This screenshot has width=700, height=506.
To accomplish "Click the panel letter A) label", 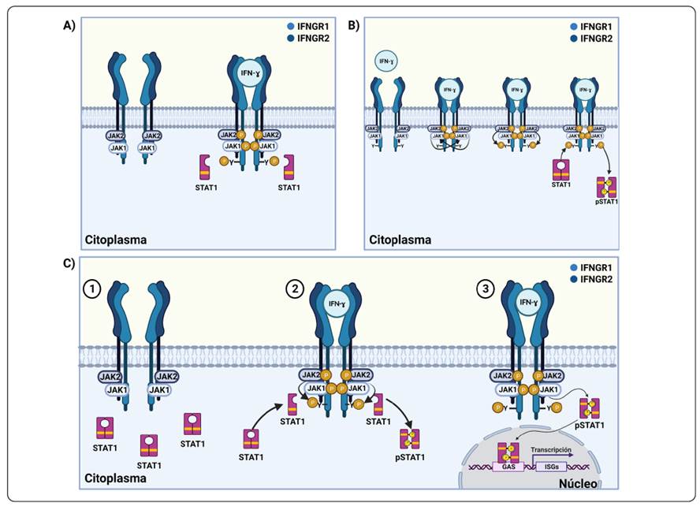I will pyautogui.click(x=70, y=24).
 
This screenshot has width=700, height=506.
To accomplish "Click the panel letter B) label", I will pyautogui.click(x=353, y=24).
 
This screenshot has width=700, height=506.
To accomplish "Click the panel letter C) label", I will pyautogui.click(x=69, y=262).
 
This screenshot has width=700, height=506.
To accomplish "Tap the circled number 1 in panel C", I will pyautogui.click(x=95, y=291).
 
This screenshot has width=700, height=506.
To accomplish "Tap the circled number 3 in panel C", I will pyautogui.click(x=489, y=291).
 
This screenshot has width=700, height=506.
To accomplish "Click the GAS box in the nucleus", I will pyautogui.click(x=507, y=465).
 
